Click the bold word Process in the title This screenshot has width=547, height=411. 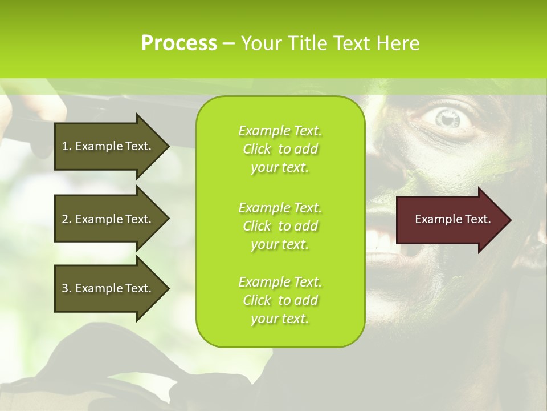click(179, 43)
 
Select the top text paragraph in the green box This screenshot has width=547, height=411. click(280, 149)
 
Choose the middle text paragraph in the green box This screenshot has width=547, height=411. click(280, 226)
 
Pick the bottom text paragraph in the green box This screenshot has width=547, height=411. click(280, 300)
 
